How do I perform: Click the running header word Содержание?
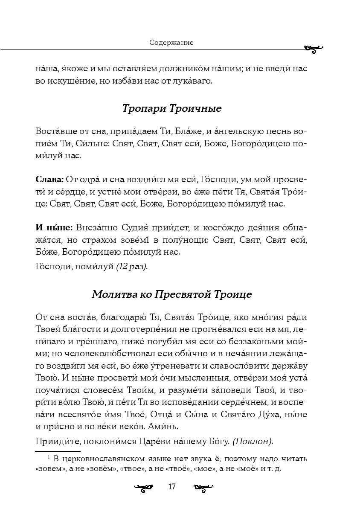[171, 43]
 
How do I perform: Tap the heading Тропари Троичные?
[171, 108]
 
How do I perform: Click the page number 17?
[172, 487]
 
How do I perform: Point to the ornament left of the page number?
[143, 487]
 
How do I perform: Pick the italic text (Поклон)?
[253, 442]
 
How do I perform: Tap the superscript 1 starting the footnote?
[49, 457]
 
